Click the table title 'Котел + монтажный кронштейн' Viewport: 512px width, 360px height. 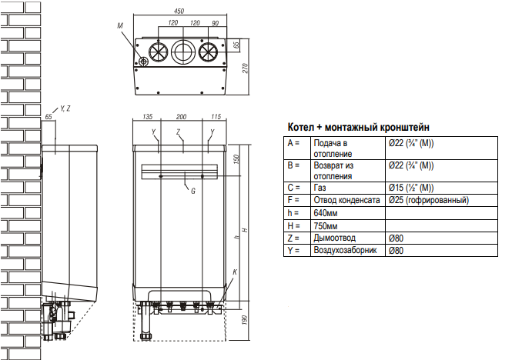click(x=358, y=126)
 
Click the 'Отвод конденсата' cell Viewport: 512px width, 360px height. click(x=346, y=200)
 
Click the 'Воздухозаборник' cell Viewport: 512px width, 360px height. click(x=344, y=251)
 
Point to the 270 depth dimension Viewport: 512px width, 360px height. click(x=246, y=67)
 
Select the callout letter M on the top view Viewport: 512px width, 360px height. click(x=121, y=27)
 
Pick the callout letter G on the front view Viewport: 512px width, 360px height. click(x=192, y=190)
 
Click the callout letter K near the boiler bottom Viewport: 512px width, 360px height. click(x=234, y=273)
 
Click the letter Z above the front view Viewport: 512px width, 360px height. click(x=179, y=132)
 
